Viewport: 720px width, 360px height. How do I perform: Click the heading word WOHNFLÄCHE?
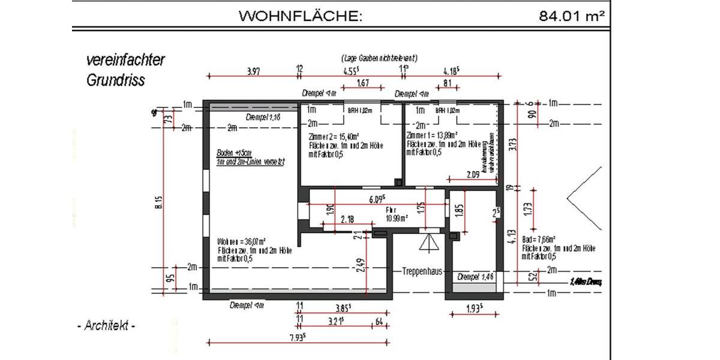(301, 16)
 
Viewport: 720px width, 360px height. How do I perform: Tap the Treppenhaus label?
(422, 271)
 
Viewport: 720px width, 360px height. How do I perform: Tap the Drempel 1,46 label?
(475, 277)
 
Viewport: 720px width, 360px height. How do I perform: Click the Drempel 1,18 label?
(263, 116)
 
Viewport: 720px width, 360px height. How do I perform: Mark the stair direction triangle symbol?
(428, 241)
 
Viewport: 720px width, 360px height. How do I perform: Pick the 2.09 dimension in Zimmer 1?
(473, 175)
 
